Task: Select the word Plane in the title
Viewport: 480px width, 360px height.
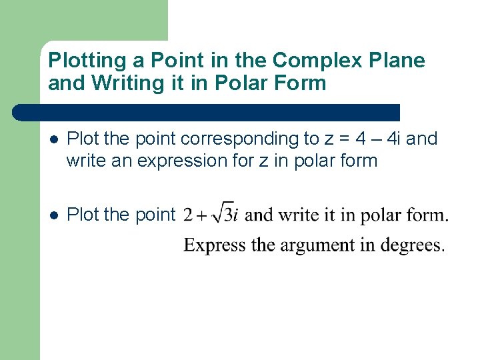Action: click(x=395, y=61)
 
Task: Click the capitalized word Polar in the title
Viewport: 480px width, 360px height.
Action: click(x=258, y=83)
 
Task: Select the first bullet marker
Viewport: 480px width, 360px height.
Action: click(x=54, y=140)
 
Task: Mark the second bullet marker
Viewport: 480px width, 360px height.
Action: click(x=54, y=215)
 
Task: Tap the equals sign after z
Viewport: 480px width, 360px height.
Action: click(x=340, y=139)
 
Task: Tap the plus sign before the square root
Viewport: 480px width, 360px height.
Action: click(x=207, y=215)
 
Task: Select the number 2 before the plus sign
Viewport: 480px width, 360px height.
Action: click(x=189, y=215)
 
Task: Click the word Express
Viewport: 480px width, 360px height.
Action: click(x=215, y=245)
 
